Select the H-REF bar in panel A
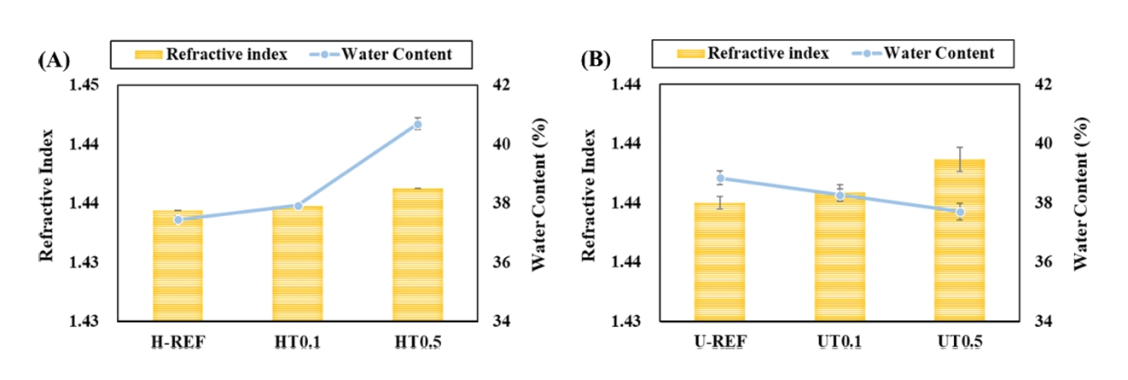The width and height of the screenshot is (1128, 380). (x=178, y=266)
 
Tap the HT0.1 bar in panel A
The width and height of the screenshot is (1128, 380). (x=298, y=263)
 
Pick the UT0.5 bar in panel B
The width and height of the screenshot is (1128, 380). (x=960, y=240)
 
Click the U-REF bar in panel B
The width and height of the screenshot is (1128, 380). (x=719, y=261)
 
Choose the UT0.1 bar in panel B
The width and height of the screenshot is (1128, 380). (x=840, y=256)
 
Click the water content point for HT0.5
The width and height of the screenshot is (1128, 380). (x=418, y=125)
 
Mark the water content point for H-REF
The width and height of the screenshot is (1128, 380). (x=178, y=219)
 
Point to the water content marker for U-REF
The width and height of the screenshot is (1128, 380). (x=720, y=178)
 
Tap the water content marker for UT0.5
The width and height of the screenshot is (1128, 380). (x=960, y=212)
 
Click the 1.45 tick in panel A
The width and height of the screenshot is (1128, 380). (x=84, y=85)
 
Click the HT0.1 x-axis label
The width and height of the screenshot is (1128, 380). (x=298, y=342)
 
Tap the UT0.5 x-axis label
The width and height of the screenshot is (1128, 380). (x=960, y=342)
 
